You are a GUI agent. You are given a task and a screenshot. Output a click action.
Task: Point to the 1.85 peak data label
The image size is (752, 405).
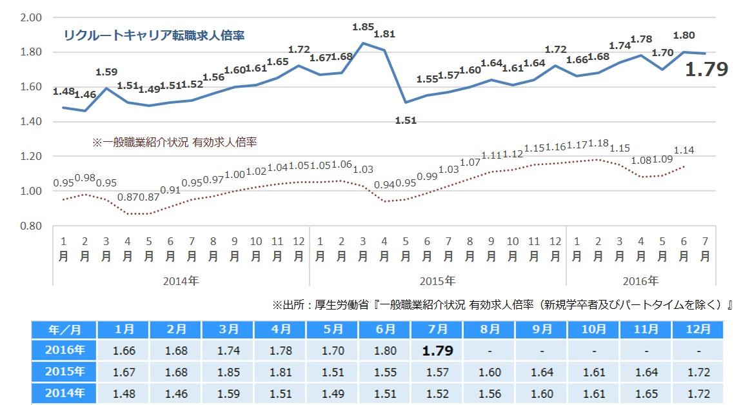[363, 27]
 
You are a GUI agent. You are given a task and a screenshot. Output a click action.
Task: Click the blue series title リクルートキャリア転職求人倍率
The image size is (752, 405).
[153, 35]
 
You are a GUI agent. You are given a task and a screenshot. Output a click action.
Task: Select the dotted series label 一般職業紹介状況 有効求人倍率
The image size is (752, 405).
[174, 141]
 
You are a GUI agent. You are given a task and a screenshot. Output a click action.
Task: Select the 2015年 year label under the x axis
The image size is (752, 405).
[437, 281]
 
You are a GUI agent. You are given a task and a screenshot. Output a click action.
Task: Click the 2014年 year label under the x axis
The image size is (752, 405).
[181, 281]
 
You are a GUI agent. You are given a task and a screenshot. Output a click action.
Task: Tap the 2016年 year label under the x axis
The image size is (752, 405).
[640, 281]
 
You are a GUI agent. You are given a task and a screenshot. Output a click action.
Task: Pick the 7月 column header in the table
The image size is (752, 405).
[437, 329]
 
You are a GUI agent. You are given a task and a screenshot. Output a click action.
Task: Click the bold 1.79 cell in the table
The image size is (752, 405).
[437, 351]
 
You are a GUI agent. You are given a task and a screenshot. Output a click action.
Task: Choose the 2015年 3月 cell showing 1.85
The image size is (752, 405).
[228, 372]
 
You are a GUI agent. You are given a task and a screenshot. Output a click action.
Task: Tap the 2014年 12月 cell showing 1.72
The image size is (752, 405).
[699, 393]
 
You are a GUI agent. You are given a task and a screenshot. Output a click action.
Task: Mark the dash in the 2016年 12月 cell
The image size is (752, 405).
[699, 351]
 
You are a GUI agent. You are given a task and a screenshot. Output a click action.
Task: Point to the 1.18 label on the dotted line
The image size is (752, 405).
[599, 143]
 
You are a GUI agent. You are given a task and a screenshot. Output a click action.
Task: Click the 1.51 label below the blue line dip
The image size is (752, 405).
[406, 120]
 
